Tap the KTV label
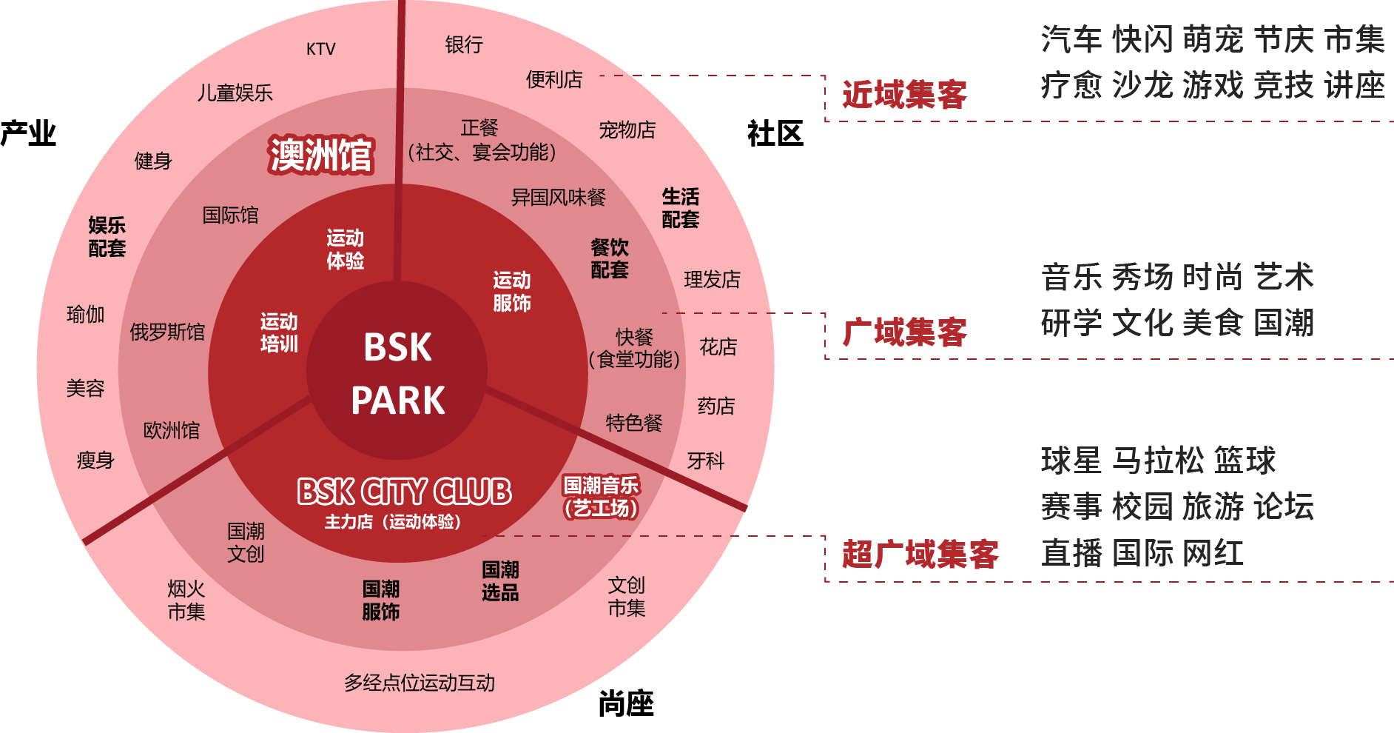(x=320, y=49)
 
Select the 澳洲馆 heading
(x=320, y=155)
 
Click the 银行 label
(x=464, y=44)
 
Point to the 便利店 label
(x=554, y=79)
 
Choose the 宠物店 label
(x=627, y=130)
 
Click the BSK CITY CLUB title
(x=404, y=492)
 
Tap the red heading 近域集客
(x=904, y=94)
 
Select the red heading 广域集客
(x=904, y=332)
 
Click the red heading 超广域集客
(x=920, y=554)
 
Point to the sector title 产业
(x=28, y=133)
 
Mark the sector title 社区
(x=775, y=134)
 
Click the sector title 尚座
(x=626, y=703)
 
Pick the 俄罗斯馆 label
(x=167, y=332)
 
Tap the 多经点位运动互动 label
(x=420, y=683)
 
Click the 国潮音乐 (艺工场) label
(x=601, y=497)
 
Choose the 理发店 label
(x=712, y=279)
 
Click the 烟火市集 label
(x=186, y=600)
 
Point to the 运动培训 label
(x=279, y=332)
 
